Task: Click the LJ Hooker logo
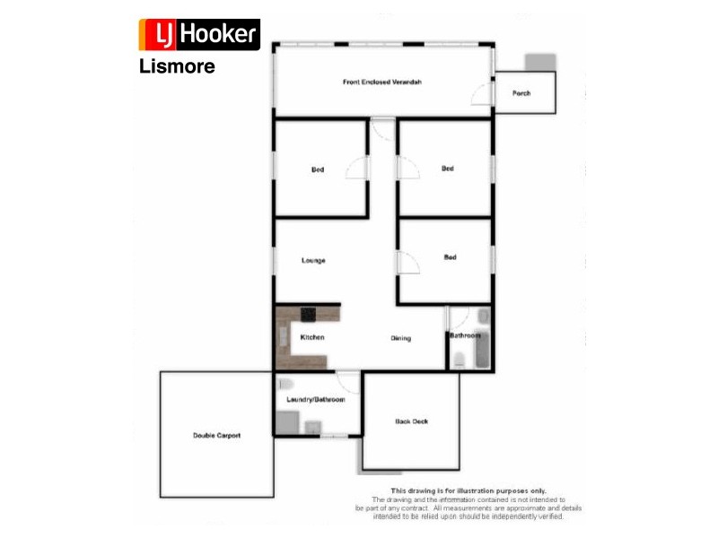[198, 34]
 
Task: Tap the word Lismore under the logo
[177, 65]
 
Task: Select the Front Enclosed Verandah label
[382, 82]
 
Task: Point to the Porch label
[521, 93]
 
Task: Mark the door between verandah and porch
[485, 93]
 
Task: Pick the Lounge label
[313, 260]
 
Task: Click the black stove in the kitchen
[309, 315]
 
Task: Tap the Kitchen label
[311, 337]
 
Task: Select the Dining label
[400, 338]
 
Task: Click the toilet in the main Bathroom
[460, 360]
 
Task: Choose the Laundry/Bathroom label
[315, 399]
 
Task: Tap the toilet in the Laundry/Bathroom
[281, 384]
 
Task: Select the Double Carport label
[216, 435]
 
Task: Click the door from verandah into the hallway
[382, 130]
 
